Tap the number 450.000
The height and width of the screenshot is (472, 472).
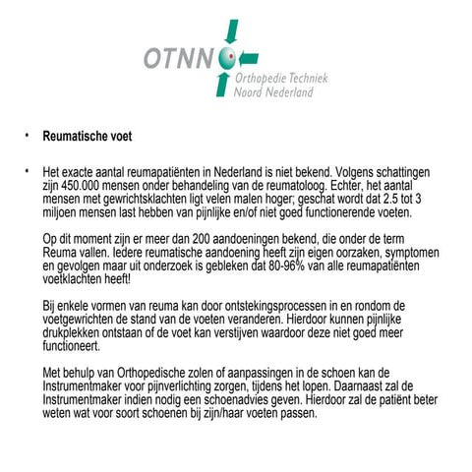click(80, 183)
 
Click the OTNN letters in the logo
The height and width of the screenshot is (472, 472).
click(180, 58)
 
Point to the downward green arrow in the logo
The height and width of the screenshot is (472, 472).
click(232, 34)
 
